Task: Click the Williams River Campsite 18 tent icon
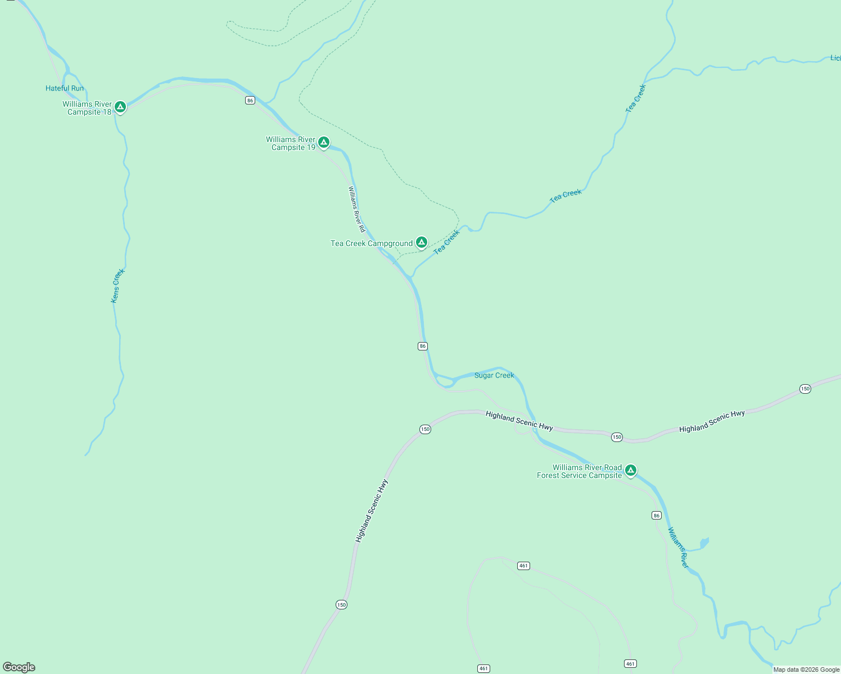tap(120, 107)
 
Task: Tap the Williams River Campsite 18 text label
tap(87, 108)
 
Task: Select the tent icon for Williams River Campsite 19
tap(324, 142)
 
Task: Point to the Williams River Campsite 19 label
tap(291, 143)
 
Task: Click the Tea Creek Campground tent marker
tap(422, 242)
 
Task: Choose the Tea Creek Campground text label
tap(372, 243)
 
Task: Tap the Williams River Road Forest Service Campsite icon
tap(631, 470)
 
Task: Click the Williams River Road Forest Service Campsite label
tap(580, 471)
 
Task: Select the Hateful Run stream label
tap(65, 88)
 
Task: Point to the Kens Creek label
tap(117, 286)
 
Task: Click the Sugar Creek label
tap(494, 375)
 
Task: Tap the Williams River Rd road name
tap(356, 209)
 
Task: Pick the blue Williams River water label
tap(678, 548)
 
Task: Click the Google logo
tap(19, 667)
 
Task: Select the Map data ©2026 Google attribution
tap(806, 670)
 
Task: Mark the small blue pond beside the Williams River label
tap(703, 543)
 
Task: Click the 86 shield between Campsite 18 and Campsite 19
tap(250, 101)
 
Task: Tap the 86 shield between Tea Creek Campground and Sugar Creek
tap(423, 346)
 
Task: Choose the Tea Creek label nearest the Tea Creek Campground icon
tap(447, 242)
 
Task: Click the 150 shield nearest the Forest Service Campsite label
tap(617, 437)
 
